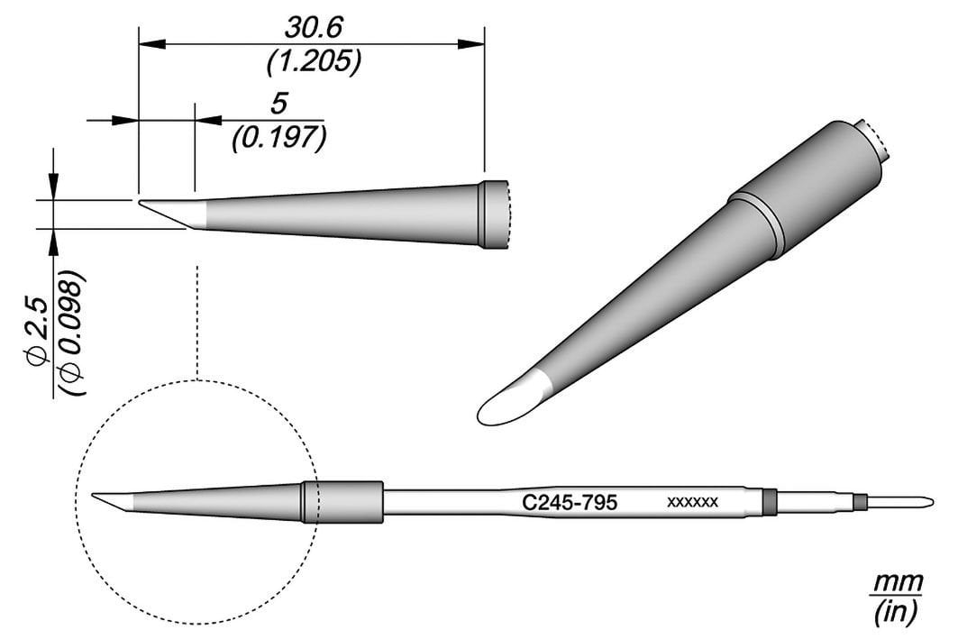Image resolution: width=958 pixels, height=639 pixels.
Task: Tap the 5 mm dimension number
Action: (278, 104)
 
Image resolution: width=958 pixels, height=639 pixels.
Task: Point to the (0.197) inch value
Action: (278, 137)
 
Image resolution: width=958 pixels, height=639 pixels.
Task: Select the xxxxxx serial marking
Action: (691, 503)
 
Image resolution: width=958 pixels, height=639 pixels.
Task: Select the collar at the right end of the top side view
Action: (494, 215)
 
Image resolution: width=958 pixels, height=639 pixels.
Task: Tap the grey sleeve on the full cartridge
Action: (342, 502)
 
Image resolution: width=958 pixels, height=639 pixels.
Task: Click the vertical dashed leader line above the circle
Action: (196, 315)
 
